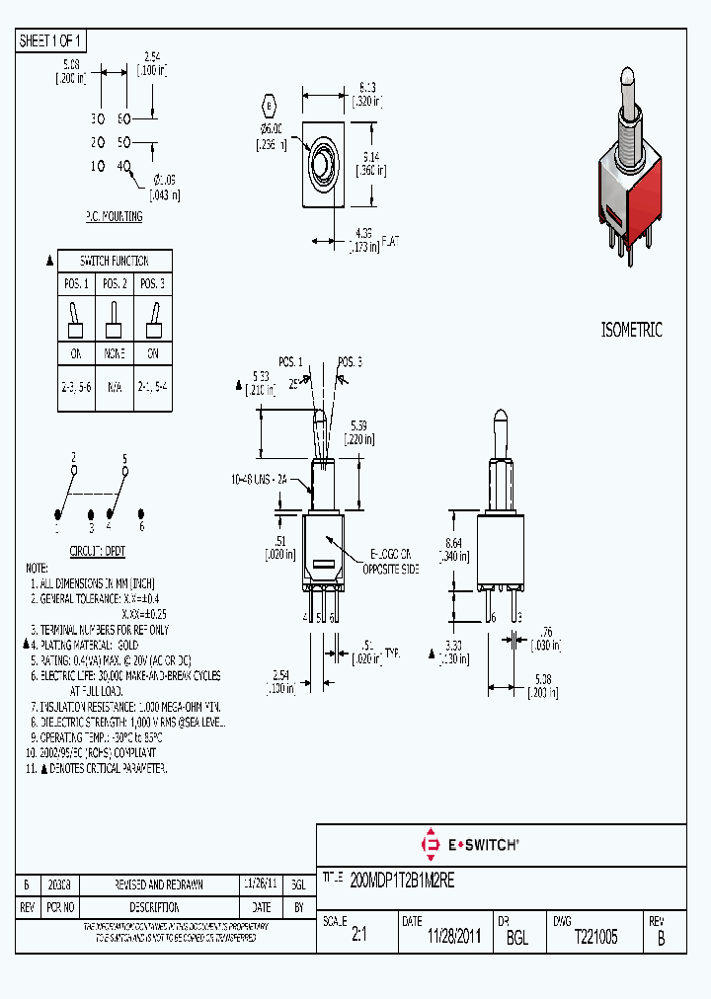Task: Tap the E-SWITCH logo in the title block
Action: click(x=470, y=845)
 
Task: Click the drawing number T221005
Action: click(x=595, y=937)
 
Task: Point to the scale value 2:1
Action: click(x=358, y=938)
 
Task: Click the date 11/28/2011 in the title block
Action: click(x=453, y=938)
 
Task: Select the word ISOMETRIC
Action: click(x=631, y=331)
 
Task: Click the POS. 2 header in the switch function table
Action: click(x=115, y=284)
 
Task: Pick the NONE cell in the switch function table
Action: click(x=115, y=353)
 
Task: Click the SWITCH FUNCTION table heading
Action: click(x=115, y=261)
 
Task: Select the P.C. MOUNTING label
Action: click(x=114, y=216)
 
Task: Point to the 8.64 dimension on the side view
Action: click(x=454, y=550)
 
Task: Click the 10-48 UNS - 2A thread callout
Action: click(x=260, y=479)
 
